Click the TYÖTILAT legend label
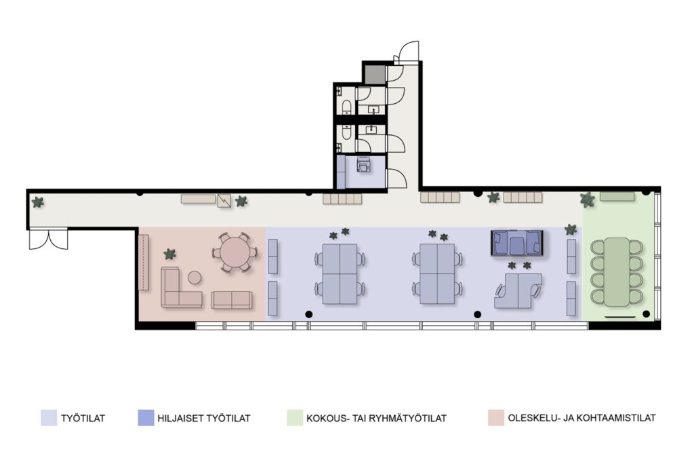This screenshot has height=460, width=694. pos(83,418)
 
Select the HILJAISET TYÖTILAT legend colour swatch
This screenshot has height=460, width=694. pos(146,418)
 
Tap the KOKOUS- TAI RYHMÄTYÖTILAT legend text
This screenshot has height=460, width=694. pos(376,418)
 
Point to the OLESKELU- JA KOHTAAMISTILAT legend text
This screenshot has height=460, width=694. pos(581,418)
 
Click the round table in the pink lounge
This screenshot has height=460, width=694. pos(235,251)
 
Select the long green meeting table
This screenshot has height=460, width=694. pos(617,271)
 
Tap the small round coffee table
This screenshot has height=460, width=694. pos(195,278)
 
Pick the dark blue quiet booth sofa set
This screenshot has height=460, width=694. pos(516,243)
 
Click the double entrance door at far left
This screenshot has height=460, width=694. pos(48,239)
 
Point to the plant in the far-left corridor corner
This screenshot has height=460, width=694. pos(38,203)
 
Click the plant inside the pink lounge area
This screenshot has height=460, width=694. pos(169,254)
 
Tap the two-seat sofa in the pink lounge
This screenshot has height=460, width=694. pos(232,300)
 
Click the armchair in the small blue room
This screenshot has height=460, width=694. pos(364,164)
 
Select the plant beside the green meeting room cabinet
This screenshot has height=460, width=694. pos(588,200)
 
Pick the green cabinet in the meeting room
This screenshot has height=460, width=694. pos(617,196)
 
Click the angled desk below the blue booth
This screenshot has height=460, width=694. pos(518,290)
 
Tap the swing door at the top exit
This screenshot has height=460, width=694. pos(407,52)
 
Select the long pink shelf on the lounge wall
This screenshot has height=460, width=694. pos(144,263)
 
